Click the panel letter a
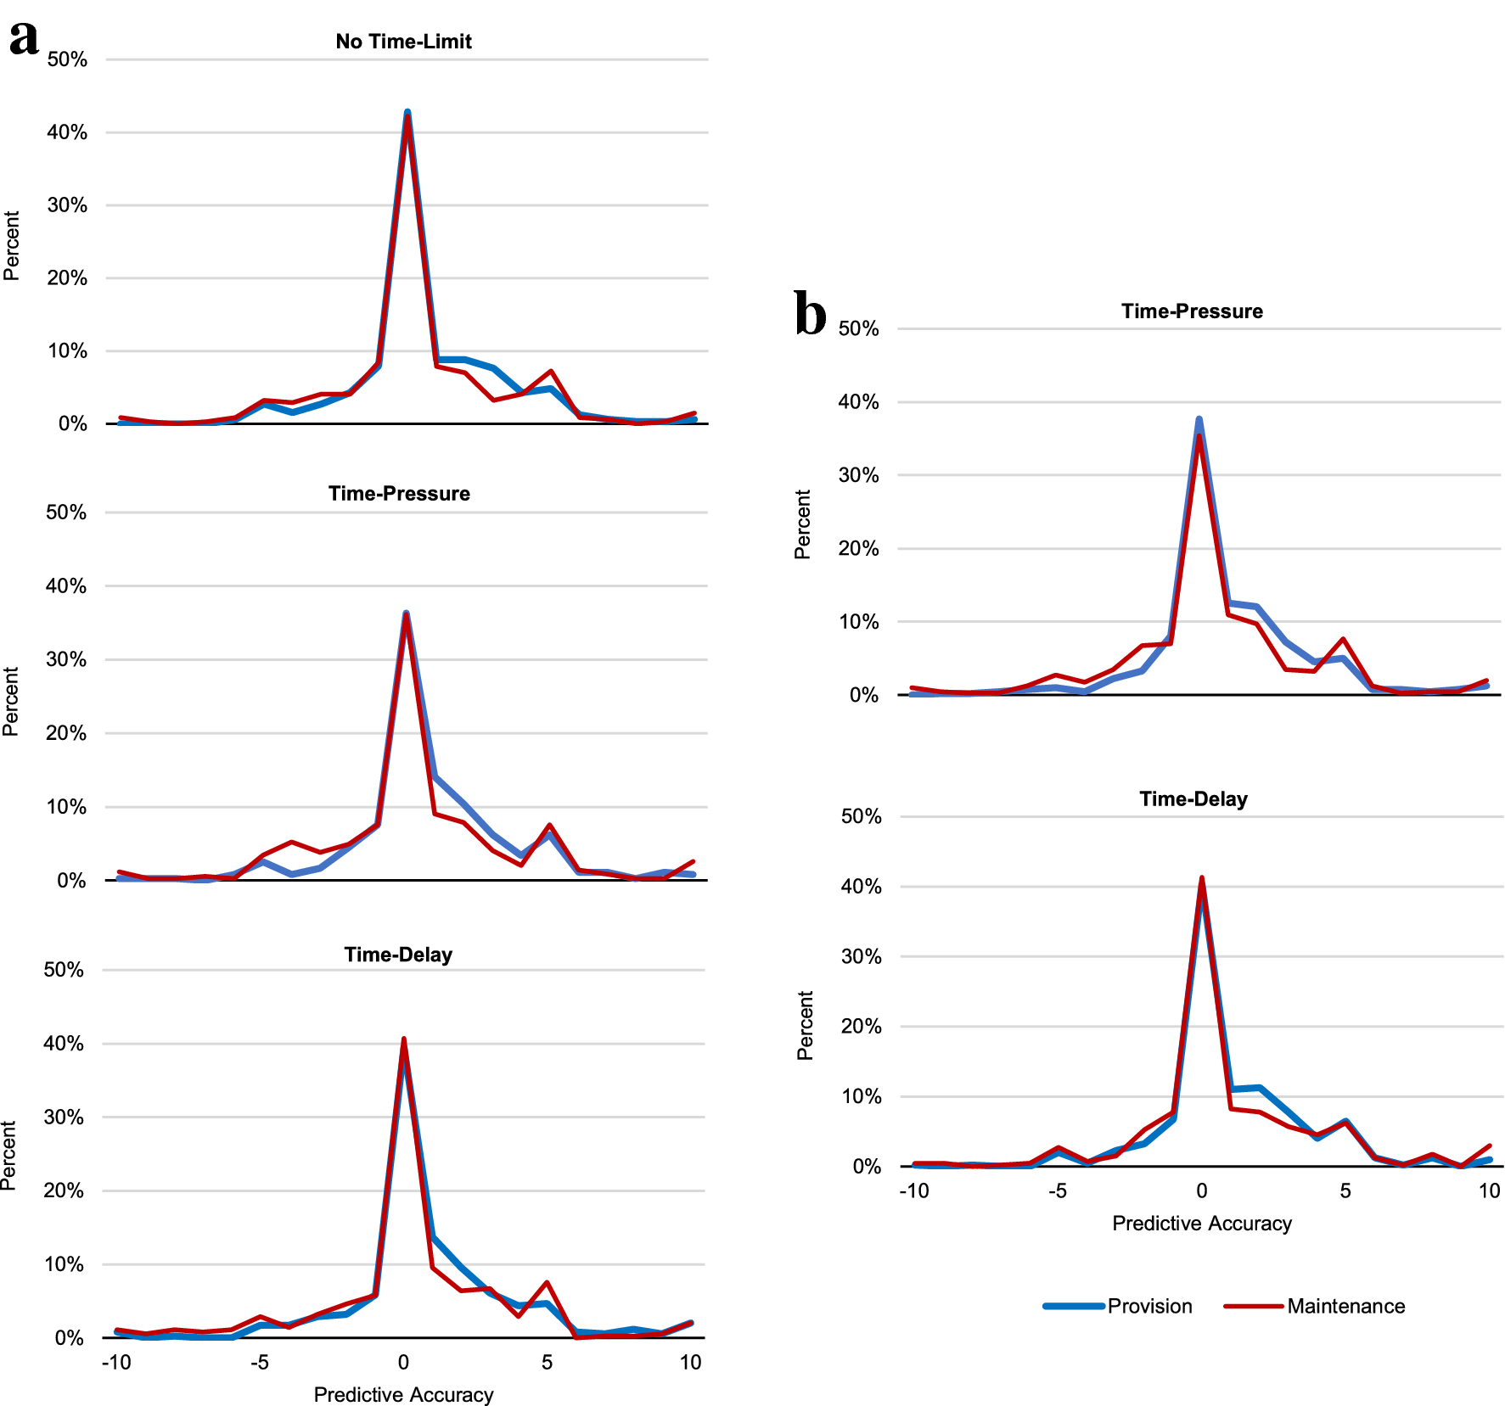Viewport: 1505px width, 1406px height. (x=24, y=38)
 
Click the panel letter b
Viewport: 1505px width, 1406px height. (x=810, y=314)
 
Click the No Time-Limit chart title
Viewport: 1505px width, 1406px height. (x=403, y=42)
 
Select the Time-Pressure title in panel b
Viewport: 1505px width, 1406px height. (x=1191, y=311)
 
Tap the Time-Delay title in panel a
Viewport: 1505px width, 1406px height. (x=398, y=955)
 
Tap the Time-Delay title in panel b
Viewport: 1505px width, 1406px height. (x=1193, y=799)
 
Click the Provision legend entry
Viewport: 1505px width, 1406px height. (x=1149, y=1306)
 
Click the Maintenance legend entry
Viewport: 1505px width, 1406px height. (x=1345, y=1306)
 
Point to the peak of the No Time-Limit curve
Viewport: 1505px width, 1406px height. (x=407, y=114)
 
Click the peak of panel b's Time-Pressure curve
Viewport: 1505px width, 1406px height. (x=1199, y=421)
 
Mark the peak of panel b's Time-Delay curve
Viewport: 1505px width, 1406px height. (x=1201, y=880)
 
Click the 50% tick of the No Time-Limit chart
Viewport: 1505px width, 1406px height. (x=67, y=59)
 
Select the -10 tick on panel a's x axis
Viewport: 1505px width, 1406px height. (x=116, y=1362)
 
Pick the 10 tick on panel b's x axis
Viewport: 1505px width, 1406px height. (x=1489, y=1190)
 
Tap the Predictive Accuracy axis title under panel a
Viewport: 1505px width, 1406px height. (x=403, y=1394)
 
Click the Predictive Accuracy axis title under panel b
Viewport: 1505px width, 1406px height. (x=1201, y=1223)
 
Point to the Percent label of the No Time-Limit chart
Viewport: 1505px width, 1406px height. (x=11, y=246)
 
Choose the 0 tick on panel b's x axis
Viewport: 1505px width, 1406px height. (x=1201, y=1190)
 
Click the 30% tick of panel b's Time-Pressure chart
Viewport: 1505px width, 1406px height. (x=858, y=475)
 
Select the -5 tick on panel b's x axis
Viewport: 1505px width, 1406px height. (x=1057, y=1190)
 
